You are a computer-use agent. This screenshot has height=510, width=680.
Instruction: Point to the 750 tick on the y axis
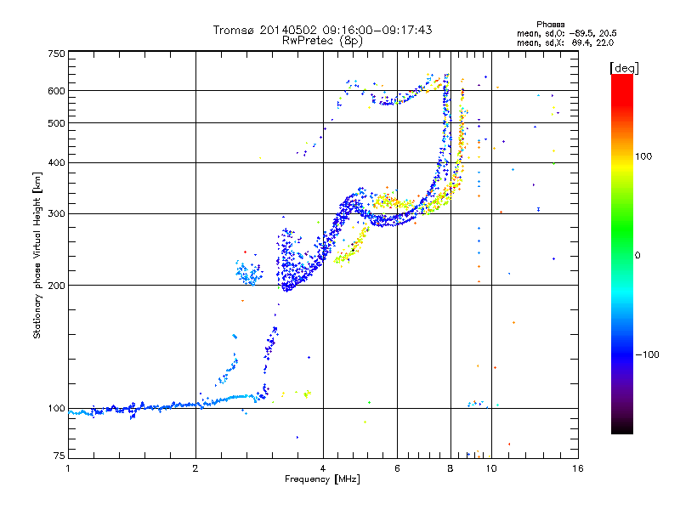(57, 54)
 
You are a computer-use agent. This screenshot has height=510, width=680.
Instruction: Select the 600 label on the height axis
(57, 91)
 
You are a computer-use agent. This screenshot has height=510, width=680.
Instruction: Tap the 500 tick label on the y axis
(57, 123)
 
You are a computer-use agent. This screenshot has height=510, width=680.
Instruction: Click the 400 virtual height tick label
(57, 163)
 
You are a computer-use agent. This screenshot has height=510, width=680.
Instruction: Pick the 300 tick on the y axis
(57, 214)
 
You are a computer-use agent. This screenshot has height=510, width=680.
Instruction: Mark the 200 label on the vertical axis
(57, 286)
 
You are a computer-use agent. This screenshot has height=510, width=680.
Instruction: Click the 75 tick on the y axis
(59, 457)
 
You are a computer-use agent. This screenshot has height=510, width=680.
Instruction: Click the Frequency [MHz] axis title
(322, 480)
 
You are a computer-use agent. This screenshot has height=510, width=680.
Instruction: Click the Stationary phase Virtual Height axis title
(37, 255)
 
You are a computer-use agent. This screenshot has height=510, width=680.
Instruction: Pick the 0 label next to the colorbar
(638, 255)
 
